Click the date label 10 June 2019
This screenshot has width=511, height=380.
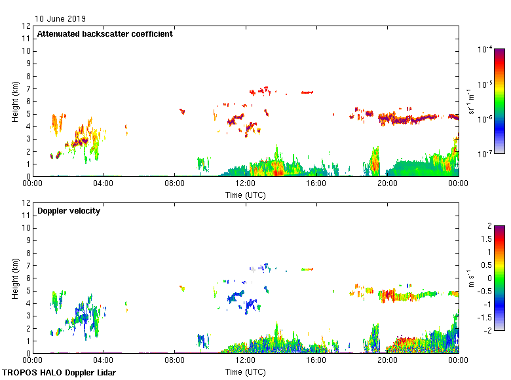point(60,19)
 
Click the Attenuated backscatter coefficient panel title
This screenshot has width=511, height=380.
point(105,34)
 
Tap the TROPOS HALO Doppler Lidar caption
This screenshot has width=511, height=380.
point(59,373)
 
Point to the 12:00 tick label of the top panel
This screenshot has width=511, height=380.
point(245,184)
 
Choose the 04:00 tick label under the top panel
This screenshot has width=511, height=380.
point(104,184)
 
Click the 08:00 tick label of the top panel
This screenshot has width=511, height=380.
point(174,184)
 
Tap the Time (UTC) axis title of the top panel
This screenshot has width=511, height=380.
point(245,195)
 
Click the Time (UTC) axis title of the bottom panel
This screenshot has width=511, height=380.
point(245,371)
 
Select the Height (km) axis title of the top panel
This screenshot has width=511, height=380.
point(14,101)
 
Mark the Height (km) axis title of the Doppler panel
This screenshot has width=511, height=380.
point(14,278)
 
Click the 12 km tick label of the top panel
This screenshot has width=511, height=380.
point(27,26)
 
